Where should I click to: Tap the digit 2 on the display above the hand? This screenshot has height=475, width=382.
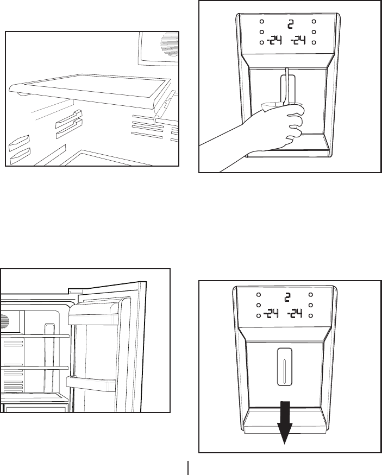[x=291, y=24]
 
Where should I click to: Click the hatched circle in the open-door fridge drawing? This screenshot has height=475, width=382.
[x=5, y=320]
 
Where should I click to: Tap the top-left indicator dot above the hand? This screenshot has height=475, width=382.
[x=261, y=22]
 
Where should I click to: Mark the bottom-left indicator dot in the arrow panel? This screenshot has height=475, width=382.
[x=258, y=315]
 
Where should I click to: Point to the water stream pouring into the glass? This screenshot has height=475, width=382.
[x=284, y=87]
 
